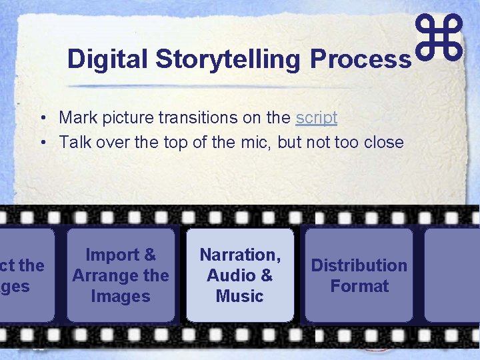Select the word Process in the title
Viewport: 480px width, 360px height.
click(x=361, y=59)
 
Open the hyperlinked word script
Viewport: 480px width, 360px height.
click(x=317, y=118)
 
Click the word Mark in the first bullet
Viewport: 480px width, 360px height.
click(x=75, y=118)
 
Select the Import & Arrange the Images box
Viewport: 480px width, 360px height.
click(x=121, y=275)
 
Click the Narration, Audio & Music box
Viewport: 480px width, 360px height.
click(x=240, y=275)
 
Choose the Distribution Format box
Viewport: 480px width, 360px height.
click(x=359, y=275)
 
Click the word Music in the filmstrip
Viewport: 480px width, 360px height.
click(x=240, y=296)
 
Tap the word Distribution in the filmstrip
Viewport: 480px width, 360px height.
click(x=359, y=265)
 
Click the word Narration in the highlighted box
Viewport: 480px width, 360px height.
click(x=239, y=255)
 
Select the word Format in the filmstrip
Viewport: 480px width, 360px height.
click(x=359, y=286)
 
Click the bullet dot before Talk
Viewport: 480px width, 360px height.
click(x=42, y=143)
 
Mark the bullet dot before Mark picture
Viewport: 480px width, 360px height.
click(x=42, y=119)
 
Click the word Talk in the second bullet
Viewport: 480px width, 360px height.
click(x=73, y=142)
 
